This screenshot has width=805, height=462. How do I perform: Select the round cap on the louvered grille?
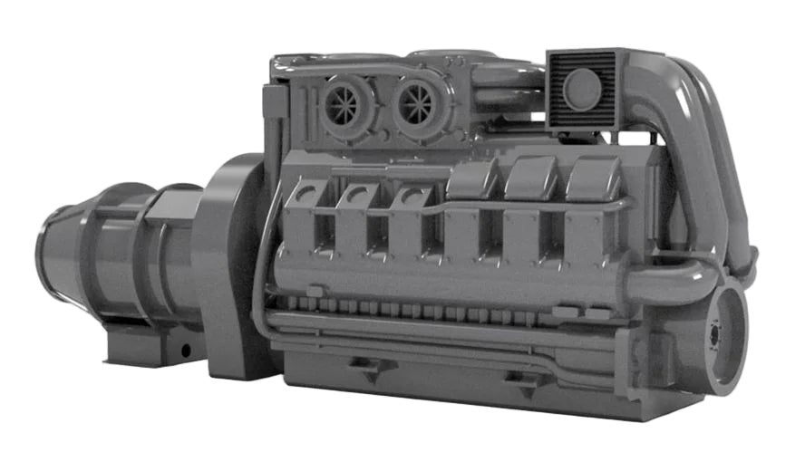click(x=581, y=90)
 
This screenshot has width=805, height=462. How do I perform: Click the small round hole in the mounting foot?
click(x=185, y=350)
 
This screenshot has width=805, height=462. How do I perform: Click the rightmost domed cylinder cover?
click(x=593, y=179)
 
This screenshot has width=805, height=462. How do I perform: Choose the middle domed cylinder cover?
click(x=531, y=179)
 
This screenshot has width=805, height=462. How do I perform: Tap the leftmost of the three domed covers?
click(x=471, y=181)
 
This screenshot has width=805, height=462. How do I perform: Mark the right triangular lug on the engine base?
click(x=523, y=380)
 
